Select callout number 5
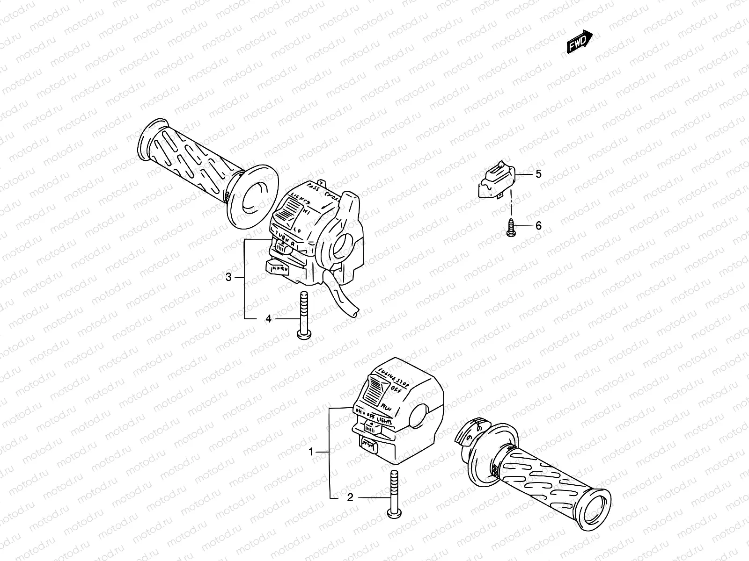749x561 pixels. point(538,174)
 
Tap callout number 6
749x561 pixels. point(538,226)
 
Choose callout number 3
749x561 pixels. point(228,277)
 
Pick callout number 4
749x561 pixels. point(268,319)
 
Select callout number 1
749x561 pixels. point(310,452)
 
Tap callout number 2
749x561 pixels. point(350,498)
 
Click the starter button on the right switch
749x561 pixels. point(370,444)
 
